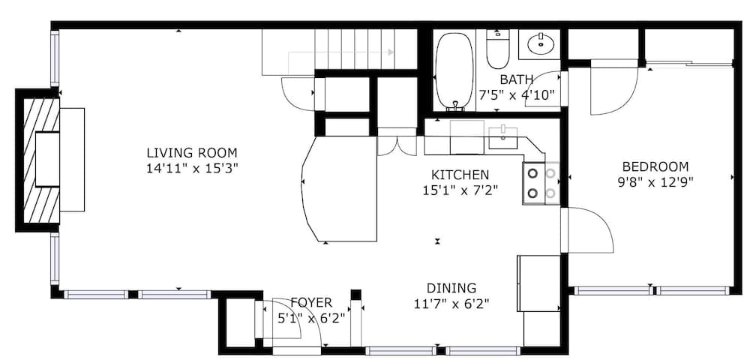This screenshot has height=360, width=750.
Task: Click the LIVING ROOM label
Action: point(192,153)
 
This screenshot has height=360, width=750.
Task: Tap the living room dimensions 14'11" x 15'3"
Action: point(192,168)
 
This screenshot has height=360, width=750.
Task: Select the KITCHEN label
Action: point(460,175)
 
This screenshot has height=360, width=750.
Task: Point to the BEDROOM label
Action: point(655,166)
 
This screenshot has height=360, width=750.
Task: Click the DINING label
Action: point(451,288)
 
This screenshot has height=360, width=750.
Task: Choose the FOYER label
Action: point(311,303)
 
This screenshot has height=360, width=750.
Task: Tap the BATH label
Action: point(517,79)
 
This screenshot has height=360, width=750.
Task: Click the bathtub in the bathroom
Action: point(454,70)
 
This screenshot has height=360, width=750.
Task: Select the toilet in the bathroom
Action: point(498,49)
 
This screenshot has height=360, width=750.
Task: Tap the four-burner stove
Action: point(541,183)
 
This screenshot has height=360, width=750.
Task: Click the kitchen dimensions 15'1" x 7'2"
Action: point(460,190)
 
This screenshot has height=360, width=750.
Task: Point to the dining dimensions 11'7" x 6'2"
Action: point(451,304)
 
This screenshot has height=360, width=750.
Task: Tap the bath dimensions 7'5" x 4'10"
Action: point(517,94)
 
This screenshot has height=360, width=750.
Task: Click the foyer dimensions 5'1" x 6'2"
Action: point(311,318)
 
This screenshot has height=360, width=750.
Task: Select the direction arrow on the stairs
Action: point(340,52)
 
